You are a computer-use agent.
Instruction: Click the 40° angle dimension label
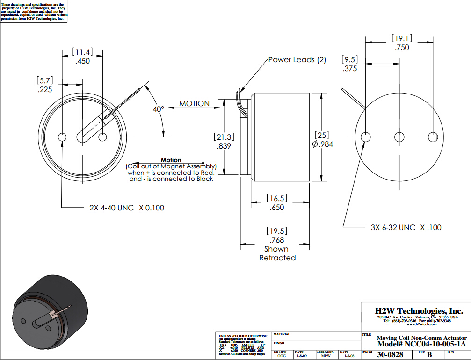tap(159, 109)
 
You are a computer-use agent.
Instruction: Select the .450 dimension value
tap(82, 61)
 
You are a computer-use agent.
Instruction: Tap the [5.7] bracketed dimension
tap(45, 80)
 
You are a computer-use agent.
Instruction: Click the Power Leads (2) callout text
tap(297, 60)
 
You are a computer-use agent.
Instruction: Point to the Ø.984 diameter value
tap(323, 144)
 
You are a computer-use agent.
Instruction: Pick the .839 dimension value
tap(224, 146)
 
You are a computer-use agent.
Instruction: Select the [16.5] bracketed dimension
tap(277, 198)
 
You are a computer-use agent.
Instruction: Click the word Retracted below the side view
tap(277, 258)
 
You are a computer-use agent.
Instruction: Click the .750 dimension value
tap(401, 48)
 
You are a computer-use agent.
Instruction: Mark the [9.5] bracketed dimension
tap(350, 60)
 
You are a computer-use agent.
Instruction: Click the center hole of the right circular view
tap(399, 137)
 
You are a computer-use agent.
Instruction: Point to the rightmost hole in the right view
tap(434, 137)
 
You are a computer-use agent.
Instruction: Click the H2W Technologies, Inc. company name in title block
tap(419, 311)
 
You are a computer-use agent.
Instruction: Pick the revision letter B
tap(429, 355)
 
